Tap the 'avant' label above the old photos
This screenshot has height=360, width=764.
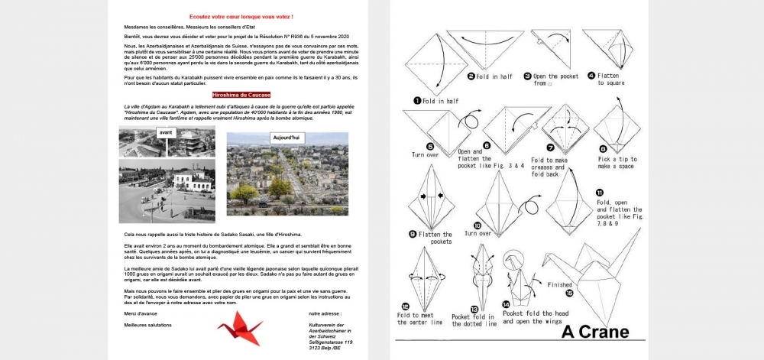165,133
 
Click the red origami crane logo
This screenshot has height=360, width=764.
239,329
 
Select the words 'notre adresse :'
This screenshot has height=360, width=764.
325,313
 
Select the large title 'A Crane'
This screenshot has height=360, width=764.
596,332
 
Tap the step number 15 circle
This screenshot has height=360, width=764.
568,292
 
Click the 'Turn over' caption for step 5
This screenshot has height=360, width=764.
426,154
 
